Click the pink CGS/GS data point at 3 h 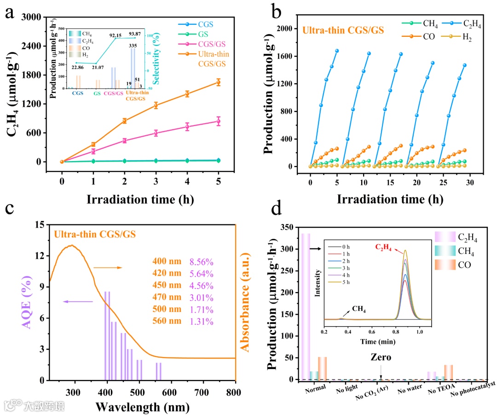coord(156,133)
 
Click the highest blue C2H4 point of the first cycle coord(337,51)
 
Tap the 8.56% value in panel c coord(201,262)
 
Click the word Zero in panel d coord(381,357)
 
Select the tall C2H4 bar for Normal coord(306,306)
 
